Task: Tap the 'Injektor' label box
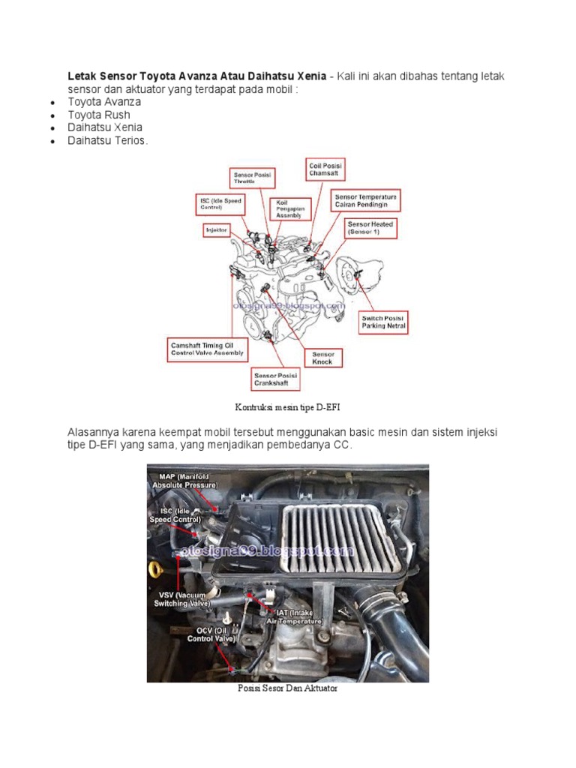point(216,231)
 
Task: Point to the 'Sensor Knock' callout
point(322,358)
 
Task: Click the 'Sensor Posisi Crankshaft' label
point(275,379)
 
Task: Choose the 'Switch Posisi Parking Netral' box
point(384,322)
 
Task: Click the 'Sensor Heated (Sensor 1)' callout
point(370,229)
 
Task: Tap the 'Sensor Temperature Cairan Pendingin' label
point(366,200)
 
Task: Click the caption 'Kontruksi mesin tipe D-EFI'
point(288,406)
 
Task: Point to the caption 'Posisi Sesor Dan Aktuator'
point(287,688)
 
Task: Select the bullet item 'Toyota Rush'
point(99,115)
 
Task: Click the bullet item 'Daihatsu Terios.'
point(108,140)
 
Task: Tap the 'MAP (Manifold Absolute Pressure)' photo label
point(184,481)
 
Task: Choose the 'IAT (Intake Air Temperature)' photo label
point(298,616)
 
